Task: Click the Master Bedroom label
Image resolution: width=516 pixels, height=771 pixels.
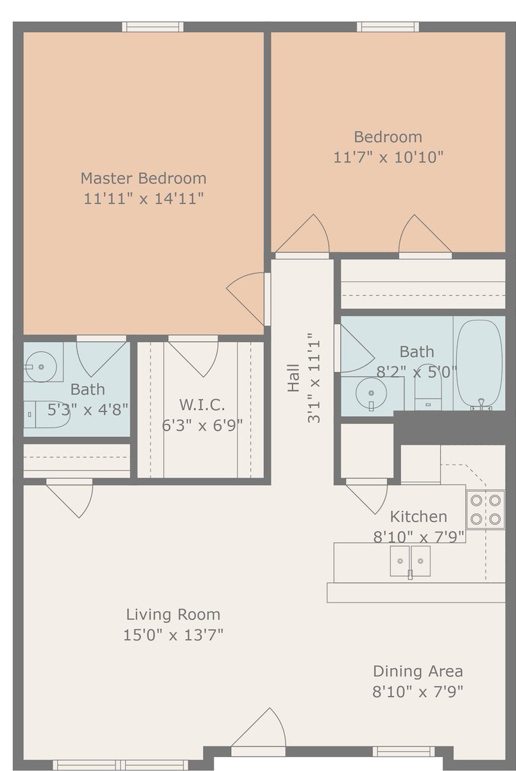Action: [143, 178]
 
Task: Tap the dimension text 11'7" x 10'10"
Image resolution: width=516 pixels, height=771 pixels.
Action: [388, 157]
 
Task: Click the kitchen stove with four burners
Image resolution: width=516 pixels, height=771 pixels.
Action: [485, 510]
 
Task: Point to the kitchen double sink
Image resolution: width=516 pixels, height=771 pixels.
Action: [410, 561]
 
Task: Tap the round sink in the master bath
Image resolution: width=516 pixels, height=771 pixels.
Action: [41, 368]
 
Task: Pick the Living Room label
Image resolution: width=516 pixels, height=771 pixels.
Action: [173, 614]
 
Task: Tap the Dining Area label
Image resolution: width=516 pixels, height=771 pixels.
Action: [418, 671]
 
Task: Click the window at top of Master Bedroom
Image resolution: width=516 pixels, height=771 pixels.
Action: [153, 27]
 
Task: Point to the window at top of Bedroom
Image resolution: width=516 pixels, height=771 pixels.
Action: [388, 27]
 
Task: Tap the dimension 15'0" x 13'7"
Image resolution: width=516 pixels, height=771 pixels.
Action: [173, 635]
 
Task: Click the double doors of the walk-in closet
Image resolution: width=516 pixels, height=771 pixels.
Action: [193, 357]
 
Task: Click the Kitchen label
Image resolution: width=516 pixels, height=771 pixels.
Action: [418, 517]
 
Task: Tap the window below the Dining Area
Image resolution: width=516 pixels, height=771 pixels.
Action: [403, 751]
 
